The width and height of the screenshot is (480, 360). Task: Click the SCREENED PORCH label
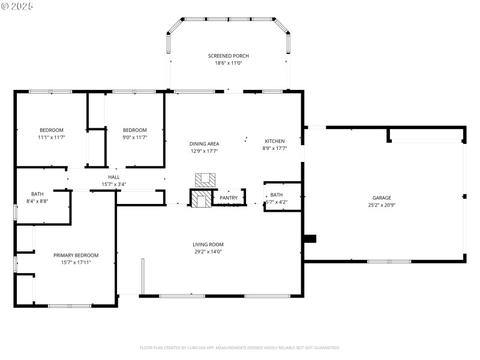pos(229,56)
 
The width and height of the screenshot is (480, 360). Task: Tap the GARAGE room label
pos(382,197)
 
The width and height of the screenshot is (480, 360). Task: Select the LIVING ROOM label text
pos(208,244)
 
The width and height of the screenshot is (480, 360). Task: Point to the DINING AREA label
pos(204,144)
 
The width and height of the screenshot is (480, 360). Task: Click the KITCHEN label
pos(275,141)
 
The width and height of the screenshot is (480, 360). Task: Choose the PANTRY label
pos(229,197)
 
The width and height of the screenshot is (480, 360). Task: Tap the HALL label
pos(114,177)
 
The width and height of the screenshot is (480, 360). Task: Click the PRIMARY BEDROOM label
pos(76,255)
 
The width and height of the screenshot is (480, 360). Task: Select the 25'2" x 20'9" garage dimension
pos(382,205)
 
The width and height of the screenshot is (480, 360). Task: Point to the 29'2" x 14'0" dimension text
pos(208,252)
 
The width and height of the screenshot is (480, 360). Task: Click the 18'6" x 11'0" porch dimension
pos(229,63)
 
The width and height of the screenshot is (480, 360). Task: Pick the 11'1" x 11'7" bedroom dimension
pos(52,137)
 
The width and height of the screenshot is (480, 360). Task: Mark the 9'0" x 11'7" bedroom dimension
pos(135,137)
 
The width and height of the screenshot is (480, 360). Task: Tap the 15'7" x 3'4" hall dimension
pos(114,184)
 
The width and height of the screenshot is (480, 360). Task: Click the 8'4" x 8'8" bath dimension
pos(38,202)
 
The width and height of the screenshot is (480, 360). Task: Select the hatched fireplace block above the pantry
pos(203,179)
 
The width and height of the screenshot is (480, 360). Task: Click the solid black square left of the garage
pos(310,239)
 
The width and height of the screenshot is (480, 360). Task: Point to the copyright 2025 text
pos(18,6)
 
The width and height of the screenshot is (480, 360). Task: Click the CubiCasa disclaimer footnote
pos(240,347)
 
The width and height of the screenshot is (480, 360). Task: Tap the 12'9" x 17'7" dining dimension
pos(204,151)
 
